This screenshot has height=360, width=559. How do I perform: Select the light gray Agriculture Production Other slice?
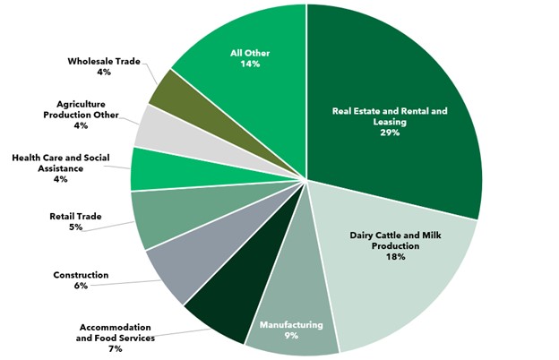pyautogui.click(x=154, y=126)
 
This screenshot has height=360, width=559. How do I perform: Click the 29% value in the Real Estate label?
pyautogui.click(x=389, y=133)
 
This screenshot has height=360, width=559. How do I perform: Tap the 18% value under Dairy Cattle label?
pyautogui.click(x=396, y=257)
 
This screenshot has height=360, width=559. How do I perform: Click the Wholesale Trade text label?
pyautogui.click(x=102, y=62)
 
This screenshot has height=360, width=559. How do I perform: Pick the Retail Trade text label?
pyautogui.click(x=74, y=215)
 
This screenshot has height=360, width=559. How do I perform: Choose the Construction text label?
pyautogui.click(x=79, y=274)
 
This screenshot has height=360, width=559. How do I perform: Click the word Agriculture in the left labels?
pyautogui.click(x=82, y=103)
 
